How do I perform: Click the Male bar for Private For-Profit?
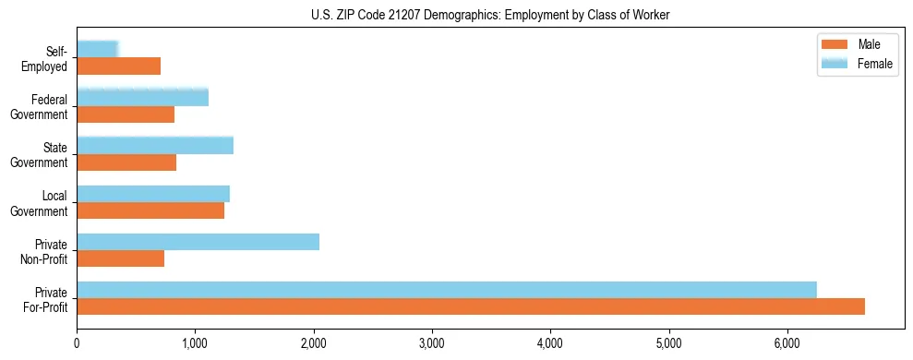[471, 306]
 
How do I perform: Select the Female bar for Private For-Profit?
[447, 290]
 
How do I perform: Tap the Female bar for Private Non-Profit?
[198, 242]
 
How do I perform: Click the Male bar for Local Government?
[150, 210]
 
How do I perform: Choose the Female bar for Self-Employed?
[98, 49]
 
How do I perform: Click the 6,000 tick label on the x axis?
[787, 343]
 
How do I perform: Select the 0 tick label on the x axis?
[77, 343]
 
